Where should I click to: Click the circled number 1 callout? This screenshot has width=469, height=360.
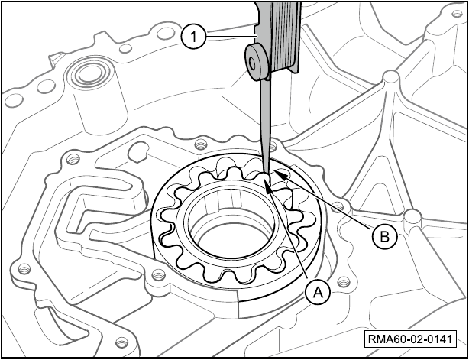pos(193,37)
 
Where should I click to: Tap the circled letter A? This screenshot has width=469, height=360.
pos(318,293)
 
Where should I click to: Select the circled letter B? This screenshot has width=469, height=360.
pos(385,237)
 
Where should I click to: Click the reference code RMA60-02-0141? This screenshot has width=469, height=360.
pos(410,339)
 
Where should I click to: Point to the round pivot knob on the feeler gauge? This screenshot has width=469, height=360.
pos(257,62)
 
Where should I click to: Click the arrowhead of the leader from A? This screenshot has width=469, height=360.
pos(267,185)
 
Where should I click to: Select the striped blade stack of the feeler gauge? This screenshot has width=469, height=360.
pos(284,36)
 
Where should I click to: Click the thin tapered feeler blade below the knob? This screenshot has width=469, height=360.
pos(265,125)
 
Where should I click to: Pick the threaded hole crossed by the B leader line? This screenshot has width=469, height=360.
pos(338,206)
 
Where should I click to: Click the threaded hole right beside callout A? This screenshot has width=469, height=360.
pos(343,282)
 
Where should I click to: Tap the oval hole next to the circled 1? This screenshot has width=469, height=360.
pos(166,33)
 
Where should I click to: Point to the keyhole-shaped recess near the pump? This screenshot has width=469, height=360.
pos(138,152)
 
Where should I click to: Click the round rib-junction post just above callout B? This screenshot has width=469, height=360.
pos(412,216)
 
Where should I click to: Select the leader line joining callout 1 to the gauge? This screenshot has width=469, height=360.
pos(231,36)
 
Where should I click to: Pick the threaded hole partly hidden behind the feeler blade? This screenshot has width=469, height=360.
pos(273,146)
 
